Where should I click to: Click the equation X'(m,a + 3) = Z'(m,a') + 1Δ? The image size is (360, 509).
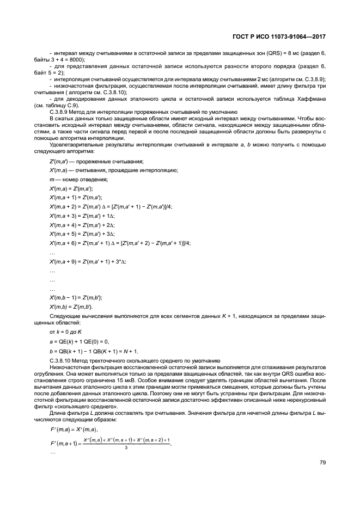click(x=82, y=216)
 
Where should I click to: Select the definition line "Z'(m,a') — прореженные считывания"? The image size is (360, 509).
click(x=96, y=162)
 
